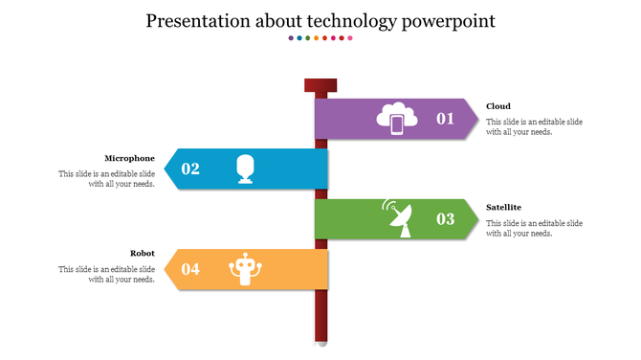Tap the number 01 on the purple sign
tap(446, 119)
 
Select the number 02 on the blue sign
tap(190, 169)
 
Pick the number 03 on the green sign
tap(446, 219)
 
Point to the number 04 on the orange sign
tap(190, 269)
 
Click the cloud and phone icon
tap(397, 119)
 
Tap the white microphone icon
tap(246, 169)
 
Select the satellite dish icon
tap(397, 218)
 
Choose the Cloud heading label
tap(497, 106)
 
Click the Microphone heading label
tap(129, 158)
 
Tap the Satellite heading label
tap(503, 207)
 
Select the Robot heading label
tap(142, 254)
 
